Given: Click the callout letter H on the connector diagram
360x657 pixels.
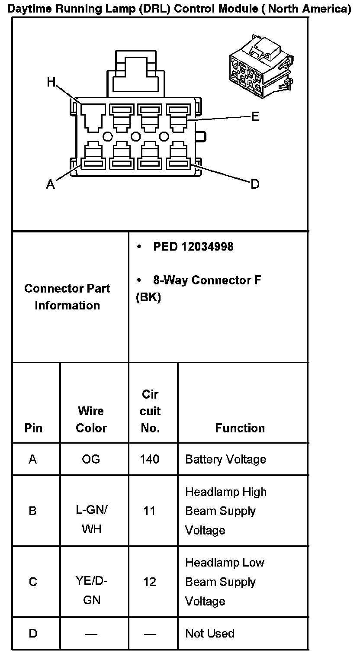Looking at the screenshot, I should (x=51, y=82).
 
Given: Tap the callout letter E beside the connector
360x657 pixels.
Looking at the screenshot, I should (x=255, y=116).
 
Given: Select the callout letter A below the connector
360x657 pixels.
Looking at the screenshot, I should (x=51, y=185).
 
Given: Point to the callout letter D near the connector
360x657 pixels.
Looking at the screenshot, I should (x=255, y=184).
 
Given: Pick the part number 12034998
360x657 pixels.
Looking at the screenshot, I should (x=207, y=246).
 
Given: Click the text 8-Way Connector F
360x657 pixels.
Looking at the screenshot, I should (x=207, y=280).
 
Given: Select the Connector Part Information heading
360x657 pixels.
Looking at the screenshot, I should (x=67, y=297).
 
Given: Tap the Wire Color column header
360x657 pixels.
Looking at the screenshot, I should (x=91, y=419).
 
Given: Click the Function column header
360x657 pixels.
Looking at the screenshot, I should (x=240, y=428).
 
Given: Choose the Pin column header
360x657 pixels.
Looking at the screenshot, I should (x=33, y=428).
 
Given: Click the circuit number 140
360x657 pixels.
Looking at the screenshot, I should (x=150, y=459).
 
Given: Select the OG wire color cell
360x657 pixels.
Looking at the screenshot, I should (x=91, y=459).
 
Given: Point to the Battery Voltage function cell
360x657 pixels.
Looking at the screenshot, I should (x=225, y=459).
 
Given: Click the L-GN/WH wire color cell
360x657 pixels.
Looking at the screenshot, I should (x=91, y=519).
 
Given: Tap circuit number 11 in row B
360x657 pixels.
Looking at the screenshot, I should (x=149, y=511).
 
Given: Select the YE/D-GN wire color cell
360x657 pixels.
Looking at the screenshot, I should (x=91, y=590).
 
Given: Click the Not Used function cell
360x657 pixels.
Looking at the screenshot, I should (x=210, y=634).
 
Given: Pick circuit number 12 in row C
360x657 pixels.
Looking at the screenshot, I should (x=150, y=582).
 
